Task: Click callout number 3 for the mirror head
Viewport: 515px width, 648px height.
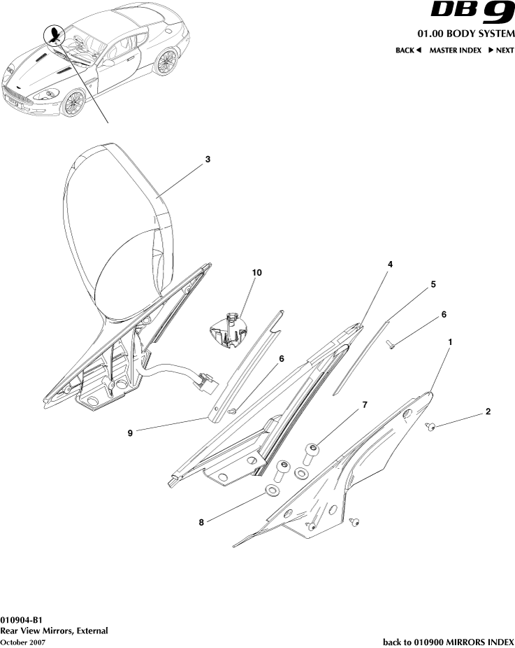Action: [x=208, y=160]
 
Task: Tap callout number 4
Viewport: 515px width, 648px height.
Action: [x=390, y=265]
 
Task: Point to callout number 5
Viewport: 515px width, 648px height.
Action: [x=433, y=284]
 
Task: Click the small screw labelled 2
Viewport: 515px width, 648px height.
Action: [x=430, y=425]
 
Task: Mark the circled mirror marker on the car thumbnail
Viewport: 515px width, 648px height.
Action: [x=54, y=34]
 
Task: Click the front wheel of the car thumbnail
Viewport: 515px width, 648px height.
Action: [x=73, y=102]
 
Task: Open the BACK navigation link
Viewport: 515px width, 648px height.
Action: [x=408, y=50]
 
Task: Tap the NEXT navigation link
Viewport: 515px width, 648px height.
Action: [x=500, y=50]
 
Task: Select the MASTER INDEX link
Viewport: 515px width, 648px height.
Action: [x=455, y=50]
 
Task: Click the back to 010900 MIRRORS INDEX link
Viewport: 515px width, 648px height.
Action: [x=448, y=642]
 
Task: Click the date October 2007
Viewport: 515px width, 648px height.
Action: [x=23, y=642]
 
